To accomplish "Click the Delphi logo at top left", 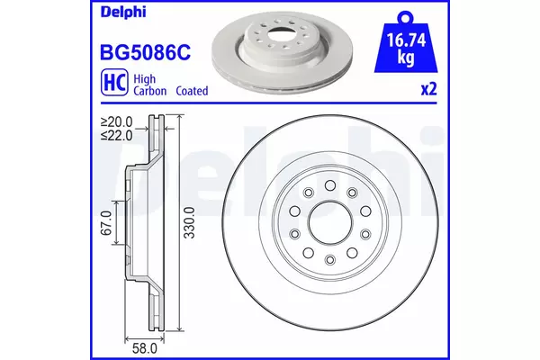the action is click(x=123, y=12).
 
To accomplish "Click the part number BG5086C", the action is click(x=145, y=53).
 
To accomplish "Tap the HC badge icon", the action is click(x=114, y=82).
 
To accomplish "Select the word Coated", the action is click(x=192, y=91).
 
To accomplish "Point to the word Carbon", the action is click(x=149, y=91).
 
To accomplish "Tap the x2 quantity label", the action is click(x=429, y=89).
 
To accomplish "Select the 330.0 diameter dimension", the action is click(x=189, y=222).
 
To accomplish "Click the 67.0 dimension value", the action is click(x=106, y=223).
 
